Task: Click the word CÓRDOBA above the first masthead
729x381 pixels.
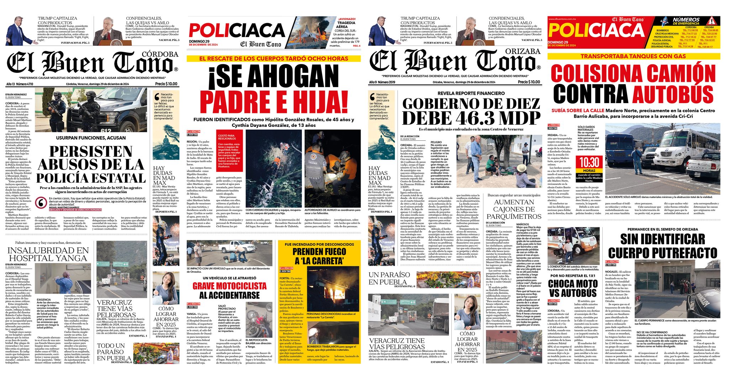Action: click(160, 54)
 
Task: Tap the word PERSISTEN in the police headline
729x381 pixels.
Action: click(90, 152)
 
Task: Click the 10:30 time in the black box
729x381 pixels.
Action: click(589, 162)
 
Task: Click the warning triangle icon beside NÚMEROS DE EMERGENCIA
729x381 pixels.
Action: click(710, 20)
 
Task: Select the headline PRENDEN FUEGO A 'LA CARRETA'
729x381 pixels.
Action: click(319, 256)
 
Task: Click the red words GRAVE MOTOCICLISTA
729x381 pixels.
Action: click(230, 286)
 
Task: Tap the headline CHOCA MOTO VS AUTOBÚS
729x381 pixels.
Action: click(572, 288)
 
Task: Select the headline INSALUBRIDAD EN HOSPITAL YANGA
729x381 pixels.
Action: click(48, 254)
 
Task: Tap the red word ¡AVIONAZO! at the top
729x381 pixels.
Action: click(347, 18)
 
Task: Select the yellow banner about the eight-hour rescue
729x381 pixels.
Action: click(273, 58)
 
